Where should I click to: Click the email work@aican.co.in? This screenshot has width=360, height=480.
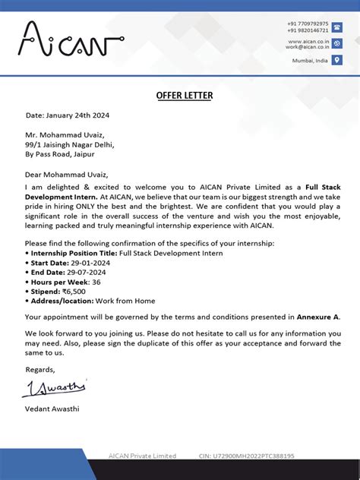tap(306, 46)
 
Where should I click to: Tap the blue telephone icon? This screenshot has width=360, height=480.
tap(336, 27)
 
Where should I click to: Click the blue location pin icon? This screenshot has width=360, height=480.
tap(336, 60)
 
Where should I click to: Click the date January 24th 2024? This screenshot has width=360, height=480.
tap(80, 115)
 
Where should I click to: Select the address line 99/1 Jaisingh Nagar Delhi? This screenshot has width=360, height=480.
tap(70, 144)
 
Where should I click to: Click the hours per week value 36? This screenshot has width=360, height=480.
tap(96, 282)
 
